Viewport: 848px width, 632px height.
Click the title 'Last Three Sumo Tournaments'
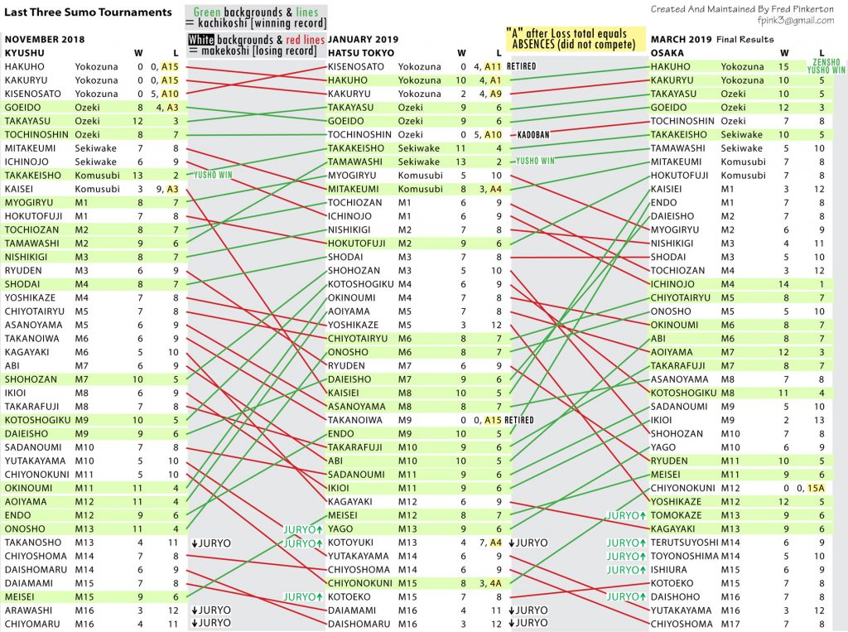click(x=88, y=12)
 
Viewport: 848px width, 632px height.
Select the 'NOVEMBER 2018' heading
click(x=45, y=39)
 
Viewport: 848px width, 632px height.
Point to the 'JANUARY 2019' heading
click(x=363, y=39)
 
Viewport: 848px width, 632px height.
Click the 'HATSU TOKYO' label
click(x=361, y=53)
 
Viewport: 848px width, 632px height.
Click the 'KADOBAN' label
click(x=533, y=135)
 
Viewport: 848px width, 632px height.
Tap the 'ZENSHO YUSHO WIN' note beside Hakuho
click(x=826, y=66)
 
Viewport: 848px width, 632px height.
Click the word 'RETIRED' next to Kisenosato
click(x=522, y=66)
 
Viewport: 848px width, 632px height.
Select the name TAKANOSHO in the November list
click(x=33, y=543)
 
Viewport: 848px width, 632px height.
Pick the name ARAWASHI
click(x=29, y=610)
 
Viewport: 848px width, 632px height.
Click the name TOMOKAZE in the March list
click(x=676, y=515)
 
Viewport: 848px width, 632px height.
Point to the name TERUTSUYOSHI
click(x=684, y=543)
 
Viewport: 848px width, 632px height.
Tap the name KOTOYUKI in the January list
click(x=350, y=543)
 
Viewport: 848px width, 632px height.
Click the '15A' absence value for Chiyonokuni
click(x=816, y=488)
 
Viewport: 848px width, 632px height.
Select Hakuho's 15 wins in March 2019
click(x=783, y=66)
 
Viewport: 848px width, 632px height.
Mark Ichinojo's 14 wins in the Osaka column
click(x=783, y=284)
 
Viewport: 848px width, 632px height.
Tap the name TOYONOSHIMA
click(x=684, y=556)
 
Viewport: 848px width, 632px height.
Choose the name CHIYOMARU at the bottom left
click(x=32, y=624)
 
